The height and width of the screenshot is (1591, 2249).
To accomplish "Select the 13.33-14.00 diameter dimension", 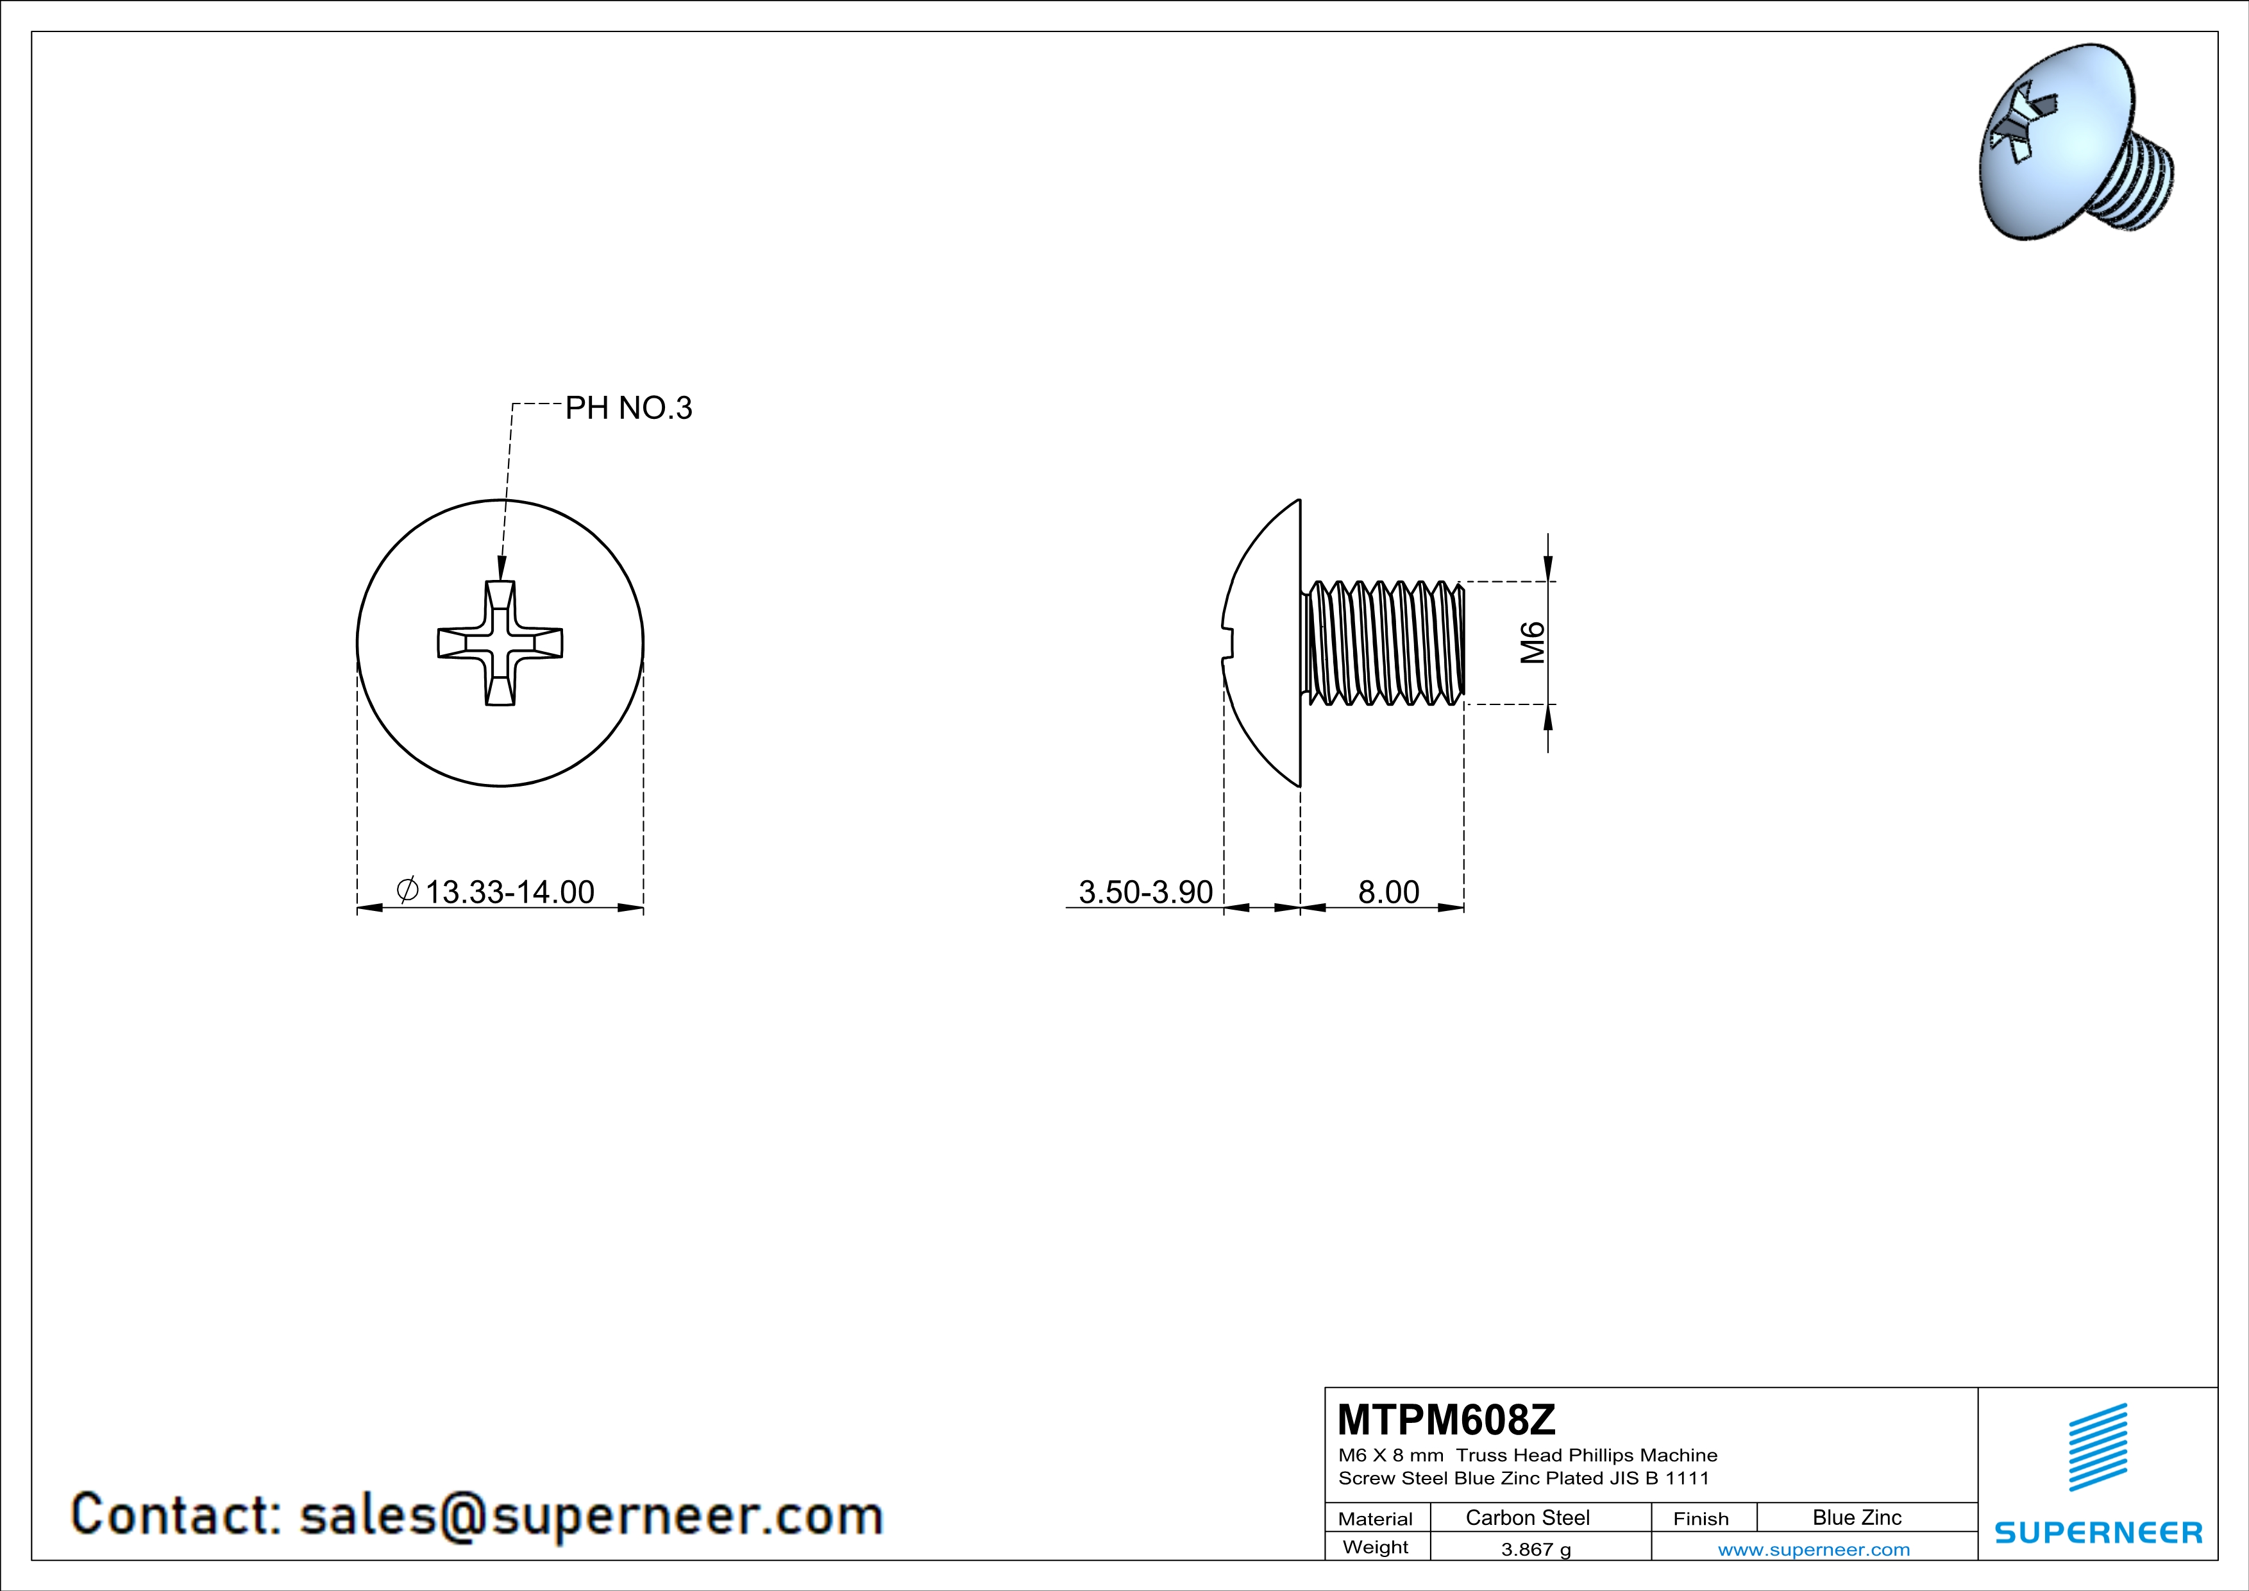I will tap(509, 892).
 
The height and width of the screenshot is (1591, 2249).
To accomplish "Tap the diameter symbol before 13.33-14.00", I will tap(407, 890).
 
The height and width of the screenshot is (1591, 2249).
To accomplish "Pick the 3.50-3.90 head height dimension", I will tap(1145, 892).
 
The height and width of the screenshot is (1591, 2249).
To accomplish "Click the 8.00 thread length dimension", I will tap(1388, 892).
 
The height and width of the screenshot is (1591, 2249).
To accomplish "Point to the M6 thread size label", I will tap(1533, 643).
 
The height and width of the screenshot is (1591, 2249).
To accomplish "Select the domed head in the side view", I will tap(1263, 643).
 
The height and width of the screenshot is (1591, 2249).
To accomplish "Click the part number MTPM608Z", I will tap(1445, 1420).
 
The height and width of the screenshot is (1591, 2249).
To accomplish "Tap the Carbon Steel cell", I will tap(1527, 1517).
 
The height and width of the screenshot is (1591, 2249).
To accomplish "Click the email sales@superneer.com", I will tap(591, 1515).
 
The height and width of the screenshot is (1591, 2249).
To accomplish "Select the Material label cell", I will tap(1376, 1519).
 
